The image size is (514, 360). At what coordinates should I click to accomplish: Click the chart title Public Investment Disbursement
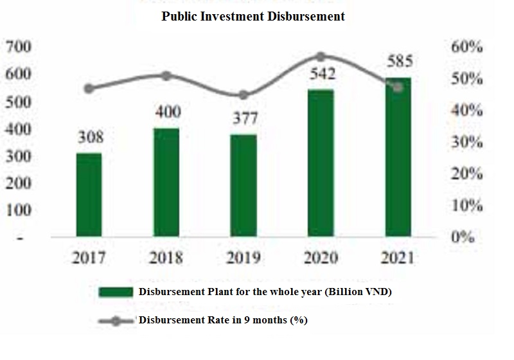click(253, 17)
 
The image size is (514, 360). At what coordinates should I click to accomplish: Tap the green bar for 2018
click(166, 183)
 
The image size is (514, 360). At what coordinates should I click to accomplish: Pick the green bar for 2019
click(243, 186)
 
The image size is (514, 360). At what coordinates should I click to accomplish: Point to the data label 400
click(168, 113)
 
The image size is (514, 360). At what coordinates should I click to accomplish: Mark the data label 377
click(245, 118)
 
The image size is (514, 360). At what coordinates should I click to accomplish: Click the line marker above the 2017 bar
click(89, 89)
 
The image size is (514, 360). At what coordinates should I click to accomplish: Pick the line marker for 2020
click(321, 57)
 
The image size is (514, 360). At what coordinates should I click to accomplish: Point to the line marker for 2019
click(243, 95)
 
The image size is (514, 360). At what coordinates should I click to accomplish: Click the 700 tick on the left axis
click(19, 47)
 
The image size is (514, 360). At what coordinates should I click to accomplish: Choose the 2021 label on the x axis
click(397, 258)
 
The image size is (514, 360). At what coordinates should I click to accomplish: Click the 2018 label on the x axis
click(166, 258)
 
